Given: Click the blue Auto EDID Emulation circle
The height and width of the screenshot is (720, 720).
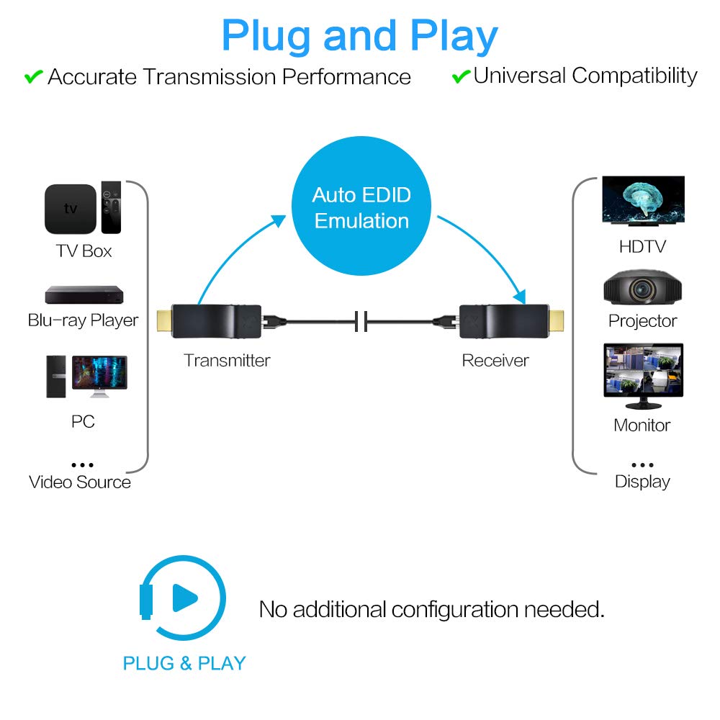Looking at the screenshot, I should click(x=361, y=208).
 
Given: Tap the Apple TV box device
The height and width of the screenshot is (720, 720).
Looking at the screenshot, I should click(x=71, y=209).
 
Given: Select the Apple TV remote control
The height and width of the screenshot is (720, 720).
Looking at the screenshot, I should click(x=111, y=207).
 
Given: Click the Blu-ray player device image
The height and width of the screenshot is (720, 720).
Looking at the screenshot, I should click(x=84, y=294).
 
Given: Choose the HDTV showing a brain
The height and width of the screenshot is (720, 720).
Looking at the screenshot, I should click(x=643, y=202).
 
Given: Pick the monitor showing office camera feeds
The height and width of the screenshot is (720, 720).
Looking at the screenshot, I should click(x=643, y=371).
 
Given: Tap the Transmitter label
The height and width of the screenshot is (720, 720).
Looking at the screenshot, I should click(x=227, y=360).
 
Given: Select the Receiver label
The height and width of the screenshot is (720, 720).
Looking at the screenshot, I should click(x=495, y=360).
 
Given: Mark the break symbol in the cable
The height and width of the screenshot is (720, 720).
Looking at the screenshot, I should click(x=361, y=320).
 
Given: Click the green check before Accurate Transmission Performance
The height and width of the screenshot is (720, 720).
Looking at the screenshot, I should click(x=34, y=76).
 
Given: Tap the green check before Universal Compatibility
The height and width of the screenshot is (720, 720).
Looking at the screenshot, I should click(x=461, y=76).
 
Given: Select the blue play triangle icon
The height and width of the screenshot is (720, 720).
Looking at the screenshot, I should click(x=184, y=597).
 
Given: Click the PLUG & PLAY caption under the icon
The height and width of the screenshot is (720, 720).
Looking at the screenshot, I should click(x=184, y=663).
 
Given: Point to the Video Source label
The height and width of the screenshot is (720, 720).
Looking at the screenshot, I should click(x=80, y=482).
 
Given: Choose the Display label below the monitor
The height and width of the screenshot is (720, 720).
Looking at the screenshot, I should click(x=642, y=482).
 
